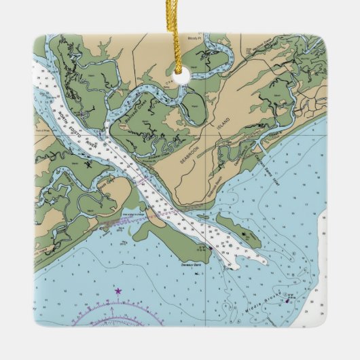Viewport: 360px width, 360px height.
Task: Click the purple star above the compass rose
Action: point(118,291)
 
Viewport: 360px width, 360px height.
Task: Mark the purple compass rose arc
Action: point(115,311)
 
